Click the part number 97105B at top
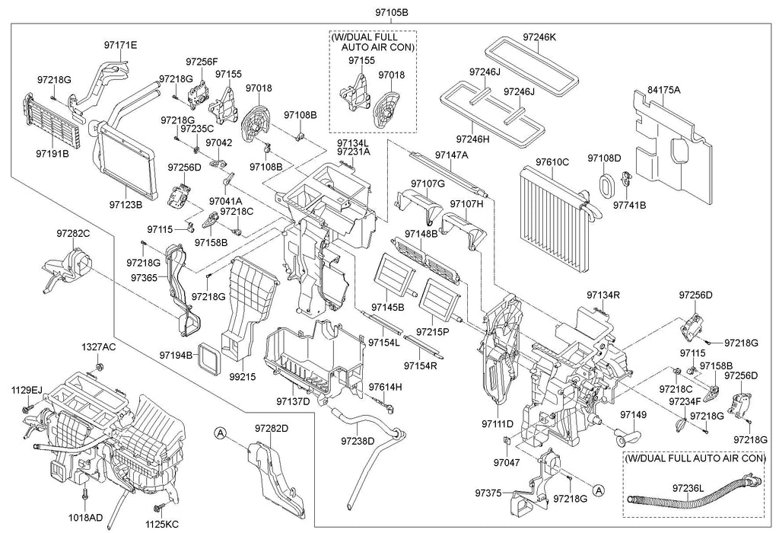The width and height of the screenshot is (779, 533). point(391,13)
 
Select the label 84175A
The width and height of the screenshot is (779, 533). point(664,90)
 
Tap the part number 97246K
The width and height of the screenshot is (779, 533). point(539,36)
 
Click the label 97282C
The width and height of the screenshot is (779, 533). point(72,234)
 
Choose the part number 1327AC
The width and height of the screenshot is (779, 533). point(99,347)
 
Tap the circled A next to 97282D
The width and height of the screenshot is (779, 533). point(221,433)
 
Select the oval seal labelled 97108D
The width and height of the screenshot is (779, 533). point(607,186)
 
